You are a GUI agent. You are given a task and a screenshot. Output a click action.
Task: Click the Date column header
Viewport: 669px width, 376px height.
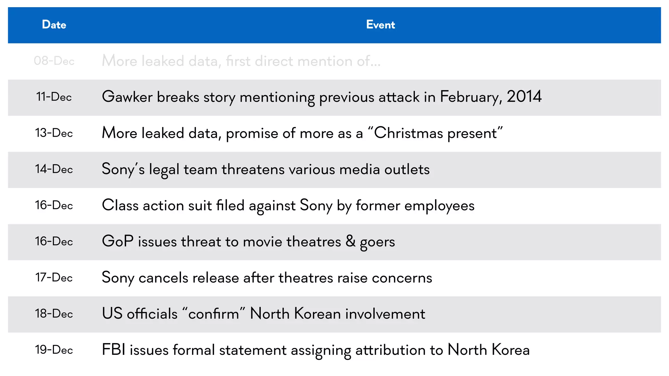click(x=54, y=25)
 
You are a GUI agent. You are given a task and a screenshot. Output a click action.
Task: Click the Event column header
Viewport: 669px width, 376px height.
click(x=380, y=25)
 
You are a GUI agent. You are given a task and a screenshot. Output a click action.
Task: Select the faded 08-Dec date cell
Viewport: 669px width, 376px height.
click(x=54, y=61)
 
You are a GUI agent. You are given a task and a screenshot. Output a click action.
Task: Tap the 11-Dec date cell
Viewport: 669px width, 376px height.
click(x=54, y=97)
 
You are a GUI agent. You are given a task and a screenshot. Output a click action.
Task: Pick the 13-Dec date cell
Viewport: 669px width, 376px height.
click(x=54, y=133)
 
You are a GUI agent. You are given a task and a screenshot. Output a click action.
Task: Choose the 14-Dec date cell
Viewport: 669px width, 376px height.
click(x=54, y=169)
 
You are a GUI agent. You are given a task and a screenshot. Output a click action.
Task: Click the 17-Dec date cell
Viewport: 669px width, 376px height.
click(x=54, y=277)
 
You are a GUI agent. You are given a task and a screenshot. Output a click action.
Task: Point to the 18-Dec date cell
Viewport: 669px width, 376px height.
click(x=54, y=314)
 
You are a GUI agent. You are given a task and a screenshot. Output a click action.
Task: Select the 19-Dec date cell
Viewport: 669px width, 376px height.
click(x=54, y=350)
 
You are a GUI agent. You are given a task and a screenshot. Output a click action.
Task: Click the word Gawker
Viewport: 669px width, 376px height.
click(x=127, y=97)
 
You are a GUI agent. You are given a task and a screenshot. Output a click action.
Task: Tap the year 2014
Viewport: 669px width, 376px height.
click(x=524, y=97)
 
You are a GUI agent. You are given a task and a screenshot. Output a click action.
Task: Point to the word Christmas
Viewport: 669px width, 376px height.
click(x=408, y=133)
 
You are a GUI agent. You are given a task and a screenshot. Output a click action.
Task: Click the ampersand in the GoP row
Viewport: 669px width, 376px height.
click(x=350, y=241)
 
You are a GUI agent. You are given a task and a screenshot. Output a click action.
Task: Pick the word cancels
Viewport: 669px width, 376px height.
click(x=163, y=278)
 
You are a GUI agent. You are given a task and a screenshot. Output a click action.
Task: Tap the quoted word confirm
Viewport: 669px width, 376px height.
click(x=214, y=314)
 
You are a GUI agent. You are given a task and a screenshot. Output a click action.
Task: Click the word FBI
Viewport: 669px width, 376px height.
click(x=114, y=350)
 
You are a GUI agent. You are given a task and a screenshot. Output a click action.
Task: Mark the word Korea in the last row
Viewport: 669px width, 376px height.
click(x=511, y=350)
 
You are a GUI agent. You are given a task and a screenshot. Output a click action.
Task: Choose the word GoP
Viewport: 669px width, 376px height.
click(x=118, y=242)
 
